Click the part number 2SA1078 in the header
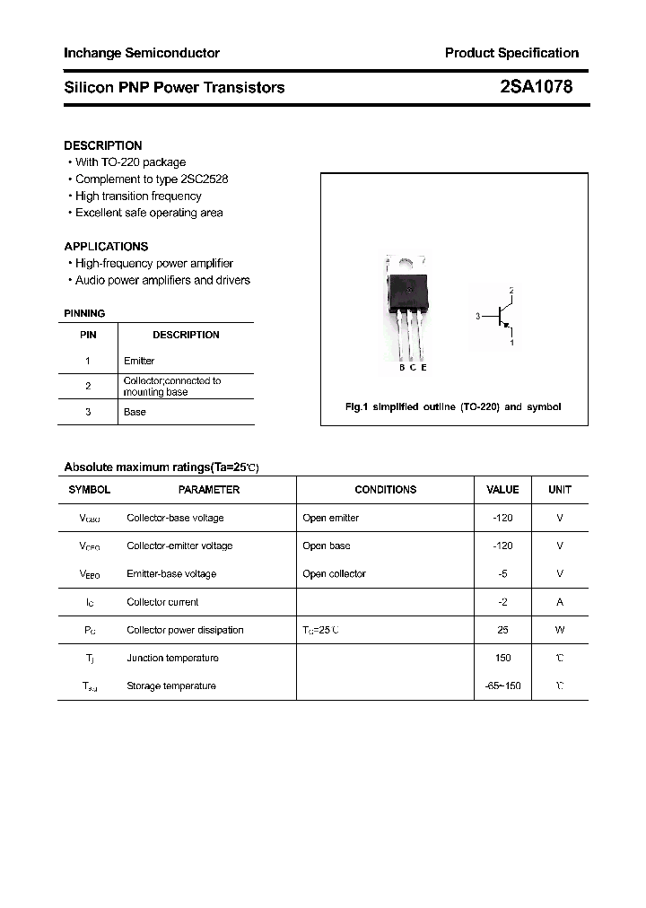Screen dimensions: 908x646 pos(536,87)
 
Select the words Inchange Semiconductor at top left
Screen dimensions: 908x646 pos(142,53)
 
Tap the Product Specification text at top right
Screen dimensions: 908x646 pos(511,53)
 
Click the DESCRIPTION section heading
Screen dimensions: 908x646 pos(103,145)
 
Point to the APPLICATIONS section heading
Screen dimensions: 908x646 pos(106,246)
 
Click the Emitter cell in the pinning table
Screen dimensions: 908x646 pos(139,361)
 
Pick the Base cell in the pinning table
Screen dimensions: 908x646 pos(135,412)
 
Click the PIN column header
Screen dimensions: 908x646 pos(88,335)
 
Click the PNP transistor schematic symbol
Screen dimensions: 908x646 pos(503,316)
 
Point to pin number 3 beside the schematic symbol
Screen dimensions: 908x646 pos(478,316)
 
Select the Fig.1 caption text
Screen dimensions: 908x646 pos(453,406)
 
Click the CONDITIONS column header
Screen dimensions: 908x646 pos(385,490)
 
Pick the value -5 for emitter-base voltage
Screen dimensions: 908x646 pos(502,574)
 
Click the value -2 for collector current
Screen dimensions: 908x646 pos(502,602)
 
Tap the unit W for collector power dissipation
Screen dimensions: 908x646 pos(560,630)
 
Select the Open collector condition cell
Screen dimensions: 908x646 pos(334,574)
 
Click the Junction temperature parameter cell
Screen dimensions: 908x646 pos(172,658)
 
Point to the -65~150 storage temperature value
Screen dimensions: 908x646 pos(502,685)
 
